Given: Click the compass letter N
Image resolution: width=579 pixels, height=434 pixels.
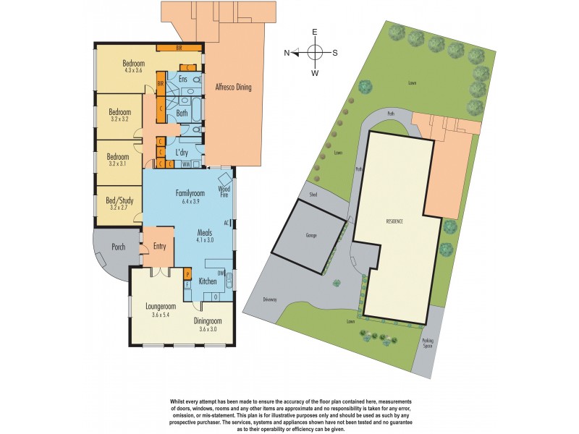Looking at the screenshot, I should tap(287, 52).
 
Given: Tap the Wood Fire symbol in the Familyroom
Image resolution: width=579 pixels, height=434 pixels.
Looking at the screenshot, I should tap(224, 182).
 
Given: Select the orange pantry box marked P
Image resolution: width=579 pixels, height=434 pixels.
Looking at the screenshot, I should tap(187, 274).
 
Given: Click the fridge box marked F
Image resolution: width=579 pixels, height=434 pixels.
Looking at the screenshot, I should tap(187, 284).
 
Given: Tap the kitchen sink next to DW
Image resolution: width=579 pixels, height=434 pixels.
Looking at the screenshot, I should tap(229, 281).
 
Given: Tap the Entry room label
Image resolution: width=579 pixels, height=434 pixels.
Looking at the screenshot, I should tap(160, 247).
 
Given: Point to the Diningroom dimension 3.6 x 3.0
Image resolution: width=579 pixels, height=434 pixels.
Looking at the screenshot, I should tap(207, 328).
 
